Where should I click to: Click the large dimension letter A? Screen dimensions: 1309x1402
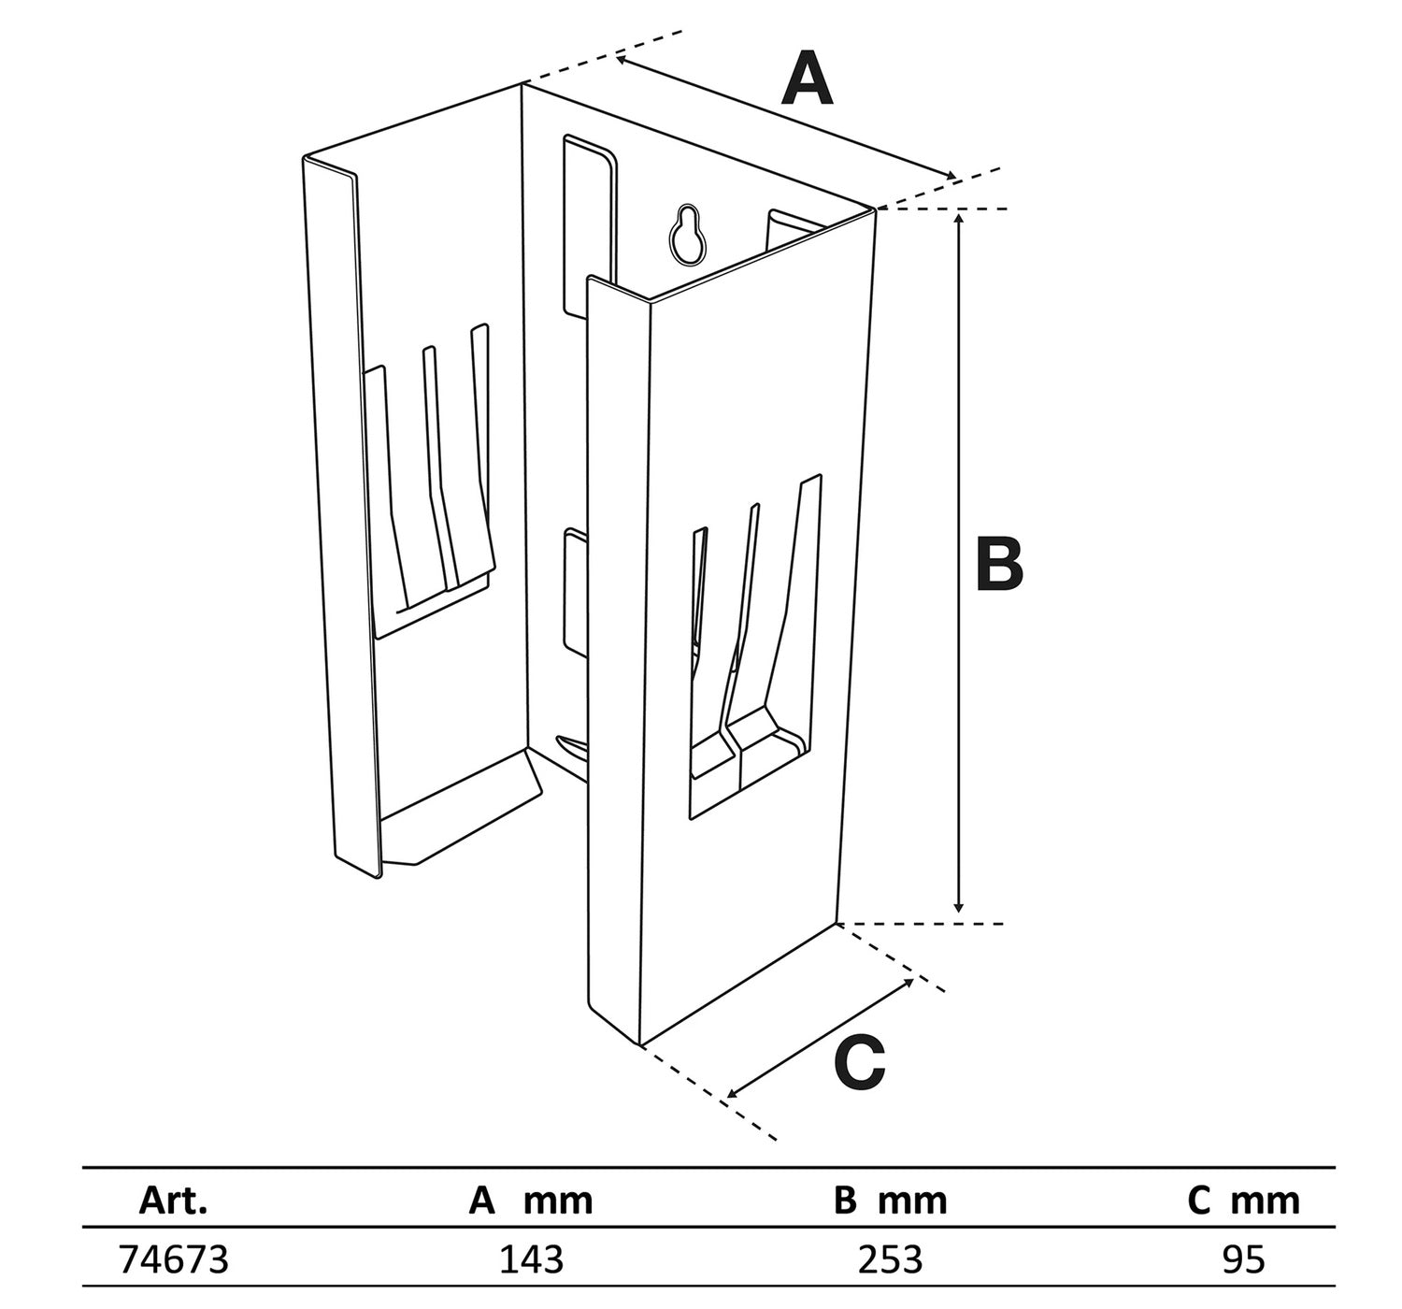808,80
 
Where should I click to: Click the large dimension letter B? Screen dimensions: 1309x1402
999,565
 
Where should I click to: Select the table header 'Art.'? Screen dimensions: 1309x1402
173,1200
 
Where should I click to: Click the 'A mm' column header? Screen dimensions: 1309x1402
530,1200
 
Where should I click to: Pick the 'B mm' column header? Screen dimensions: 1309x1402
890,1200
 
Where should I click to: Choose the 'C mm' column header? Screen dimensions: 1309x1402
1243,1200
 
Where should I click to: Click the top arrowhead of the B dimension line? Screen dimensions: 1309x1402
958,217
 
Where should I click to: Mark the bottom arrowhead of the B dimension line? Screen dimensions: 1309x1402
958,909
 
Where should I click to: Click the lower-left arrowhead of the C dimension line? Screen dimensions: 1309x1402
731,1094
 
